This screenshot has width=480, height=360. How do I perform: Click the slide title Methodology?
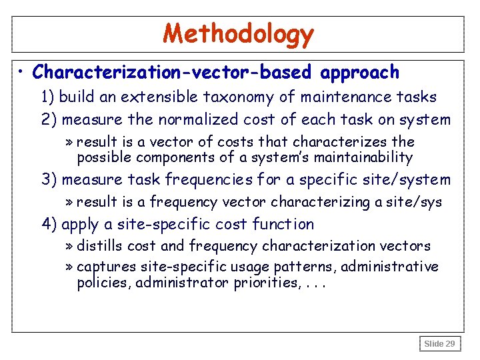click(238, 33)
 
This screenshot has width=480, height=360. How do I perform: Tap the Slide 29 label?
click(440, 343)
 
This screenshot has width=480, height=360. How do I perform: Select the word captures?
click(106, 267)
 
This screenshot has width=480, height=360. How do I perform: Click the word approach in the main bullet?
click(360, 72)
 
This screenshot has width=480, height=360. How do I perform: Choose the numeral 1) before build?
click(48, 97)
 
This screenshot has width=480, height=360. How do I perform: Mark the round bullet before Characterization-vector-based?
click(23, 71)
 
